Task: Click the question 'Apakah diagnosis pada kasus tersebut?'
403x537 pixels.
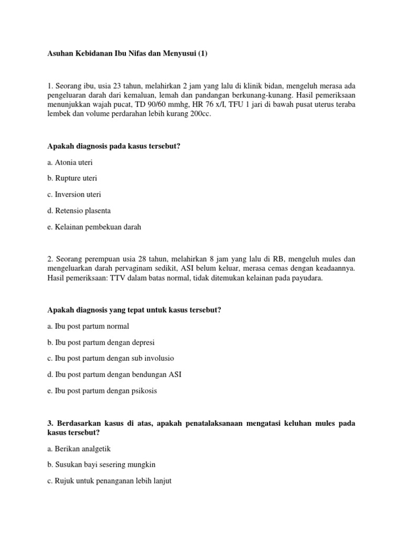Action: pyautogui.click(x=113, y=146)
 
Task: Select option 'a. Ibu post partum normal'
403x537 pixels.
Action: pyautogui.click(x=88, y=326)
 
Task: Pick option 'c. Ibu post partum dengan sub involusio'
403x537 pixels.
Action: pyautogui.click(x=110, y=359)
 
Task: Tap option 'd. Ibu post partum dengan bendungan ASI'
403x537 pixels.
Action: pyautogui.click(x=114, y=374)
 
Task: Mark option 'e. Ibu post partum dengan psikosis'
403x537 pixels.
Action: pyautogui.click(x=102, y=391)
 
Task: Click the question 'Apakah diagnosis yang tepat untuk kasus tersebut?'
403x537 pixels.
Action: pyautogui.click(x=134, y=310)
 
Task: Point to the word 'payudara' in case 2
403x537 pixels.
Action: pyautogui.click(x=309, y=278)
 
